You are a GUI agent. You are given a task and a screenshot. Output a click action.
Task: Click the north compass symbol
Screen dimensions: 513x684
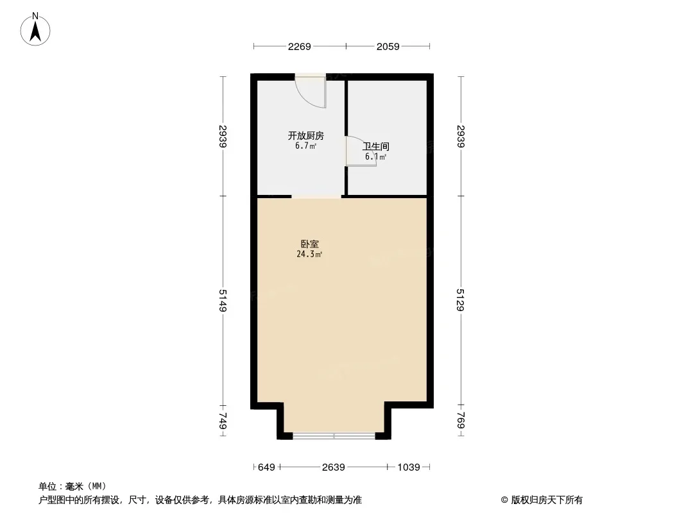[x=36, y=29]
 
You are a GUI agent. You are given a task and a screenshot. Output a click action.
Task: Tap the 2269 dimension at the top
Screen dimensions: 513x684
[x=300, y=46]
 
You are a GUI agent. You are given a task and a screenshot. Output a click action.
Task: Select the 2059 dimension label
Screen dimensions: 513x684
[x=388, y=46]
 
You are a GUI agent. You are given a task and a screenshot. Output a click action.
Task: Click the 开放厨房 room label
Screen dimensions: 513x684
[x=305, y=136]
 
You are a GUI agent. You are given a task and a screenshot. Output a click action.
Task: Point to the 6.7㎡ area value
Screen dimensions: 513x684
[x=305, y=146]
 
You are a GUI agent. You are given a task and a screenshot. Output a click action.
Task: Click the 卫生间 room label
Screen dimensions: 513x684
[x=376, y=147]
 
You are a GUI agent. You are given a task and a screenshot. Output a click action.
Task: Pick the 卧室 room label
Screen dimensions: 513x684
[x=309, y=244]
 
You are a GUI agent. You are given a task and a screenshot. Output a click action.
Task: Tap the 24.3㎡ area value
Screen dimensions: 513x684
[x=309, y=255]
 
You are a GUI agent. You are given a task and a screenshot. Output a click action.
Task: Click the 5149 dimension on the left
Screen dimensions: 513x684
[x=223, y=300]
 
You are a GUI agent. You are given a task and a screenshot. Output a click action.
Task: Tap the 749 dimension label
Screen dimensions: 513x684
[x=223, y=421]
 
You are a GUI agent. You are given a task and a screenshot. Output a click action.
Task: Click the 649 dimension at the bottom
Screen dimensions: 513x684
[x=266, y=467]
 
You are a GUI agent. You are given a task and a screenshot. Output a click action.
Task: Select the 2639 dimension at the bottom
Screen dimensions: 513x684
[x=334, y=467]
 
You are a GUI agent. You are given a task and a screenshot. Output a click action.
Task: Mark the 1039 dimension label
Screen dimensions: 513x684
[x=409, y=467]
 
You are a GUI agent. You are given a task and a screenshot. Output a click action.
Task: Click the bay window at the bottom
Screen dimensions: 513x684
[x=334, y=436]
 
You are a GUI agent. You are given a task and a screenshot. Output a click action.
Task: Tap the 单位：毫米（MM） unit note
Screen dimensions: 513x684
[x=73, y=487]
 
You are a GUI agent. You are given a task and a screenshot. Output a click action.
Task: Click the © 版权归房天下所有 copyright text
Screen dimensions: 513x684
[x=542, y=500]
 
